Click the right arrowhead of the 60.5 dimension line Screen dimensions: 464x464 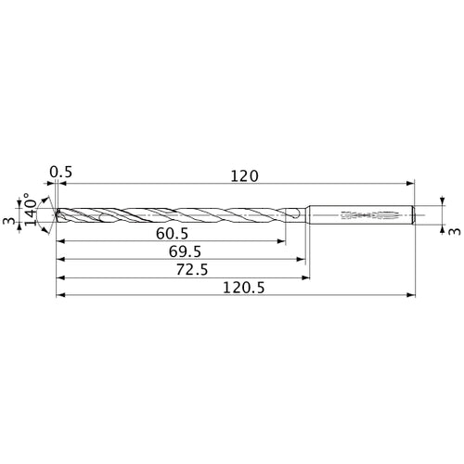coord(283,242)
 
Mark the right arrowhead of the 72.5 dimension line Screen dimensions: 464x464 coord(306,277)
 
